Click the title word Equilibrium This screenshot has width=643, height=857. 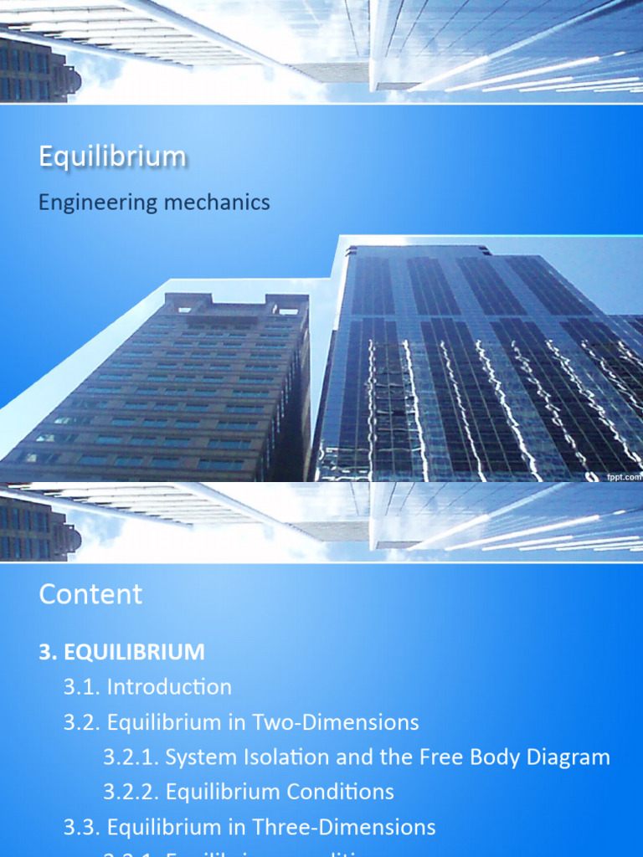tap(112, 157)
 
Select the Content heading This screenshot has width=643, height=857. tap(90, 594)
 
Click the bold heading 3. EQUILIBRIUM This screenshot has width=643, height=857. tap(121, 652)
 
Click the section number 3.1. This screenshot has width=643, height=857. tap(81, 687)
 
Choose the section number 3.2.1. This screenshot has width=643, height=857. tap(131, 757)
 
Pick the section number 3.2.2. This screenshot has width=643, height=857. tap(131, 792)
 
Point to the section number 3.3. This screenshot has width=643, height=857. tap(81, 828)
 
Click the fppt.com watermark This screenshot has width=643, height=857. tap(624, 477)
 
